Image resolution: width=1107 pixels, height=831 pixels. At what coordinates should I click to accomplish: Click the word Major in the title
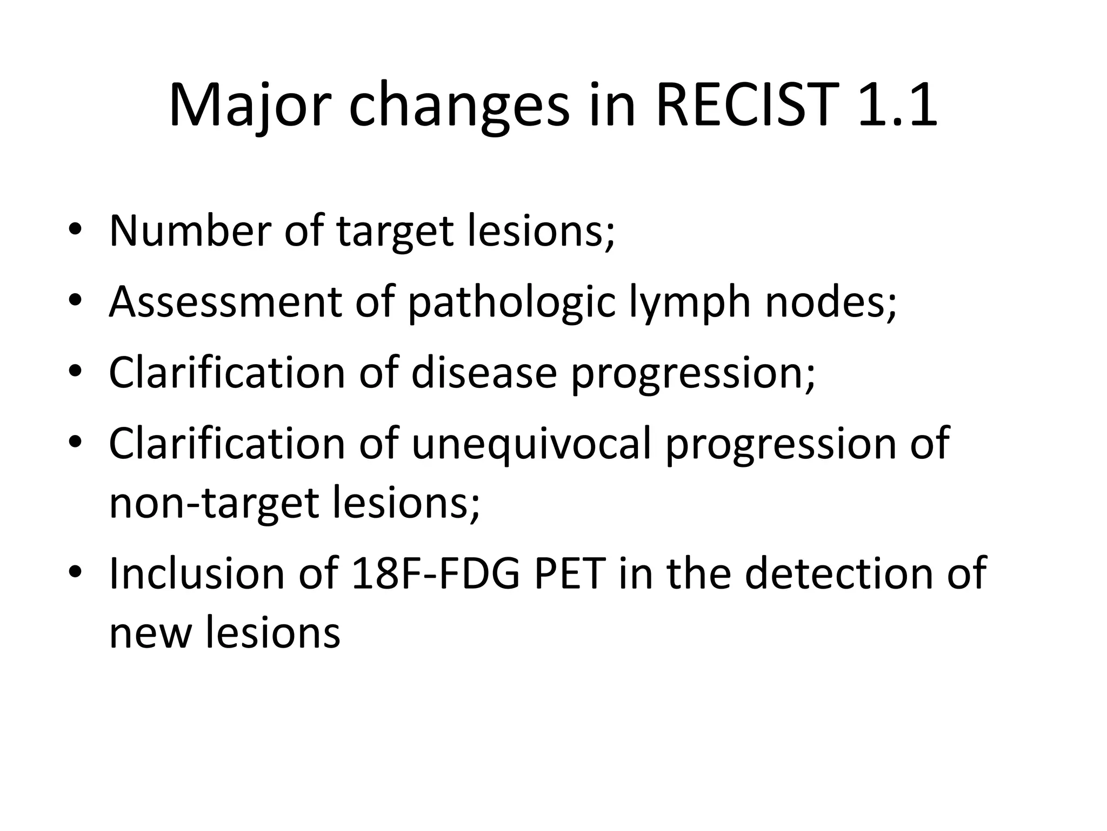(x=249, y=106)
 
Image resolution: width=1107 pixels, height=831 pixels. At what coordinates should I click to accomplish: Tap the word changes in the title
(x=459, y=106)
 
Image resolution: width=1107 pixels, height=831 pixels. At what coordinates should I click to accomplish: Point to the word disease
(x=484, y=373)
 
